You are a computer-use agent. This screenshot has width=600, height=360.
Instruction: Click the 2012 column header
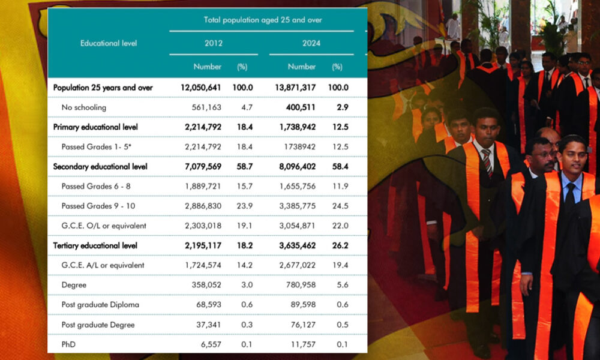tap(214, 43)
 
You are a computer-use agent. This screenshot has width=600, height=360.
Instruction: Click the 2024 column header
tap(311, 43)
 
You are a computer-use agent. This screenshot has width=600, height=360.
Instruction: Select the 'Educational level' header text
tap(109, 43)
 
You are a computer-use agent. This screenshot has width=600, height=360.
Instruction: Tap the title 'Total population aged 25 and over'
tap(263, 20)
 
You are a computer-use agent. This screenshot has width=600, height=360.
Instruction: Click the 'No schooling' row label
tap(84, 107)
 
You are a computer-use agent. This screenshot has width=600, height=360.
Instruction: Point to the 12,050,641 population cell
tap(201, 88)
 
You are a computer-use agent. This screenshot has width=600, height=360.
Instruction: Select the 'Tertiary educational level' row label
tap(95, 245)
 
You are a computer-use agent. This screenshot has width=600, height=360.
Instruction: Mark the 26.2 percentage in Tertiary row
tap(340, 245)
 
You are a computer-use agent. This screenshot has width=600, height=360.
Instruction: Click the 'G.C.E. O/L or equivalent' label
tap(104, 226)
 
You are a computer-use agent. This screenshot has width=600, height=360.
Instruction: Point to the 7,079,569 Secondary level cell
tap(201, 166)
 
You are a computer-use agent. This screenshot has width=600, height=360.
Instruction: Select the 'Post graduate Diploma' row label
tap(100, 305)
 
